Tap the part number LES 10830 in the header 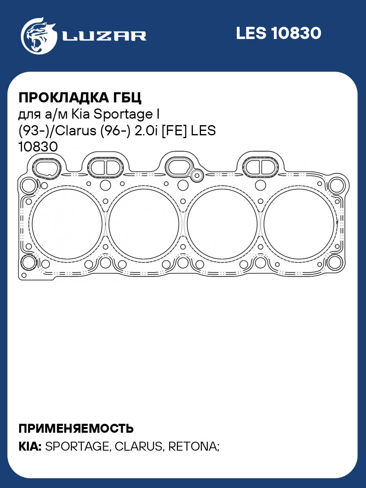(278, 33)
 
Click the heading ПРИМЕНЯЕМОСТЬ (76, 428)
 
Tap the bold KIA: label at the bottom (30, 447)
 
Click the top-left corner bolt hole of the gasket (28, 186)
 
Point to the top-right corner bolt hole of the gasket (336, 186)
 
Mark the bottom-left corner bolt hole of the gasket (28, 262)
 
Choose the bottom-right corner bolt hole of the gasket (334, 262)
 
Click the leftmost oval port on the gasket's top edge (46, 167)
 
